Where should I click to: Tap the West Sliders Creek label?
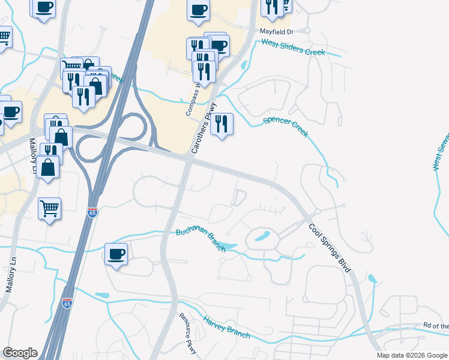coord(292,48)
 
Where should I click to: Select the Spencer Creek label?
coord(286,128)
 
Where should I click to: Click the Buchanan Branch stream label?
coord(200,240)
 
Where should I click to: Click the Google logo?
coord(20,353)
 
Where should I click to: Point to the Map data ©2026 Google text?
coord(412,355)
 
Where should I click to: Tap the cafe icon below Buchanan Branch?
coord(116,254)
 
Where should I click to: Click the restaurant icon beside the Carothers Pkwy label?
coord(221,124)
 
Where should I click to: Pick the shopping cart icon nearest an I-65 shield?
coord(49,209)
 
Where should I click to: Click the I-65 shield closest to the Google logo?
coord(67,304)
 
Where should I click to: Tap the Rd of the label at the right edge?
coord(436,326)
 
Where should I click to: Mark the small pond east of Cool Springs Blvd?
coord(373,278)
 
